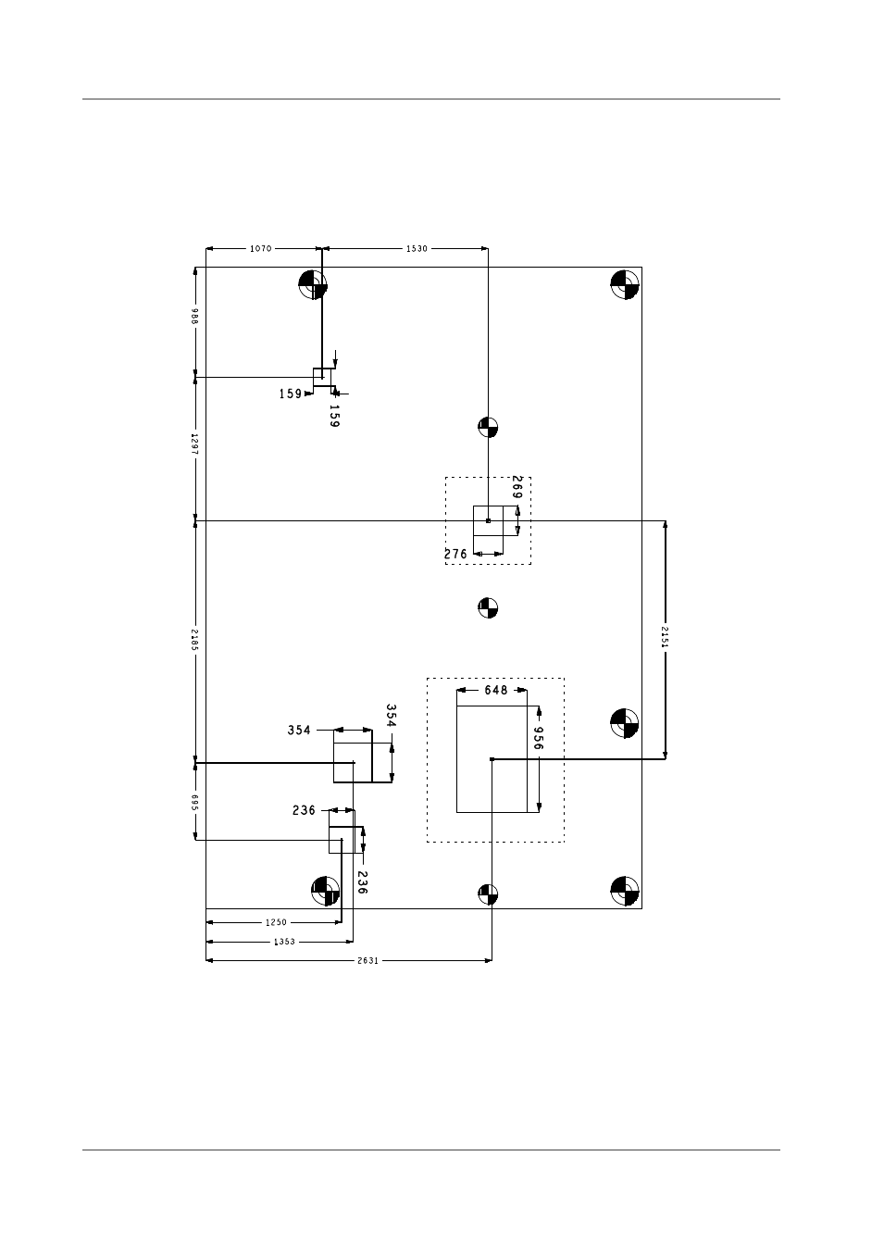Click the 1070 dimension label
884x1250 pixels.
pos(260,248)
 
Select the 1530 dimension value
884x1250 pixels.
pos(417,248)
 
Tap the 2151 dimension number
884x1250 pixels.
pos(665,637)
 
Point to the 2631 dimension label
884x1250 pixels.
pos(368,960)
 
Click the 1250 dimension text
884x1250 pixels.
pos(276,922)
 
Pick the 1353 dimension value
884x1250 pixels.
pos(284,942)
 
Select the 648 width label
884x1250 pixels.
pos(496,691)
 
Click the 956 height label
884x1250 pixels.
pos(538,738)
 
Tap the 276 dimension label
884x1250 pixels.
pos(455,554)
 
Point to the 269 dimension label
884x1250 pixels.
pos(517,487)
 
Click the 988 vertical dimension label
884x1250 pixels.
pos(194,316)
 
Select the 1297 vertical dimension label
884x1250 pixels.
pos(194,444)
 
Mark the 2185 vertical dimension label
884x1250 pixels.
pos(194,640)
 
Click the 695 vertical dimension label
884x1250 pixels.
pos(194,803)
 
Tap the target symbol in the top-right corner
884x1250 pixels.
pos(625,284)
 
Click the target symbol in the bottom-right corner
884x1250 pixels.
pos(625,891)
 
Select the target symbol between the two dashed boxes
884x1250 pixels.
pos(488,607)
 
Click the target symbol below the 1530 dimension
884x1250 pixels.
pos(488,427)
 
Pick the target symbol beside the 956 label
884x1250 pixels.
pos(624,723)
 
